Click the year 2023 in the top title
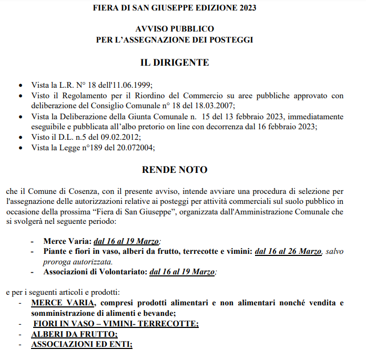247,9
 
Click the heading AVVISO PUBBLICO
174,29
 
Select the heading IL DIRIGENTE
174,63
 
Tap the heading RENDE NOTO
175,170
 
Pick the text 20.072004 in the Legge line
136,147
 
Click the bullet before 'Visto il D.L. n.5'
21,137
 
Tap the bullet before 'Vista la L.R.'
21,85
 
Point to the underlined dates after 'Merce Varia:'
126,241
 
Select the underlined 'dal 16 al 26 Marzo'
288,251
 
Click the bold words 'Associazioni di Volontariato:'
96,272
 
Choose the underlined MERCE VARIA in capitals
63,303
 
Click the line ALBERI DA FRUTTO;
75,334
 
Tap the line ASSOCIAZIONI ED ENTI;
82,345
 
